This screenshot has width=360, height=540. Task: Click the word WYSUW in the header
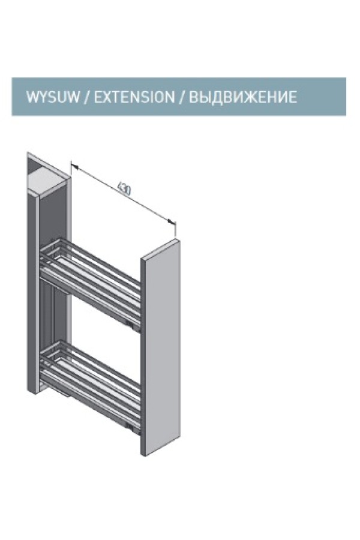(x=53, y=97)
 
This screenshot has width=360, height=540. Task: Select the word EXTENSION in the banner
(x=134, y=97)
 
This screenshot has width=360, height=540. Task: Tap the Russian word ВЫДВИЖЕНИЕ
(x=243, y=97)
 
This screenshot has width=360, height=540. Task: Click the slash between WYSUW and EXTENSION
(x=87, y=97)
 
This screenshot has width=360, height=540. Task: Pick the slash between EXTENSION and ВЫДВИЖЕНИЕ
(x=182, y=97)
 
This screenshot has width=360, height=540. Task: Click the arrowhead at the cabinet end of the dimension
(x=74, y=167)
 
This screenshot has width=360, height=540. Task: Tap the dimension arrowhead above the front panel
(x=172, y=221)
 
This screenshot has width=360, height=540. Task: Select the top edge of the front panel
(x=161, y=248)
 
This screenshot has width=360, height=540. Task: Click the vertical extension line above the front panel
(x=176, y=229)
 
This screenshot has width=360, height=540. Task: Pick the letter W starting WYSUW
(x=32, y=97)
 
